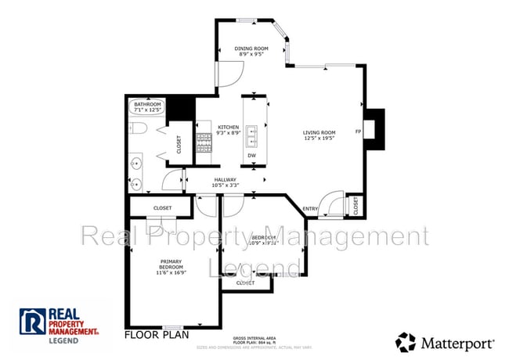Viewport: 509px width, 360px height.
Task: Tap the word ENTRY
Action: [x=310, y=209]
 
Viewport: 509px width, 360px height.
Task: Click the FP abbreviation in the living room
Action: [x=358, y=131]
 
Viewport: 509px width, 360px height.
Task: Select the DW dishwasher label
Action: [x=252, y=155]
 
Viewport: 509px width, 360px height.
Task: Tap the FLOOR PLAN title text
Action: [x=157, y=335]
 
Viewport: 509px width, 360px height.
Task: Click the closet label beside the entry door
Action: [x=356, y=205]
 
